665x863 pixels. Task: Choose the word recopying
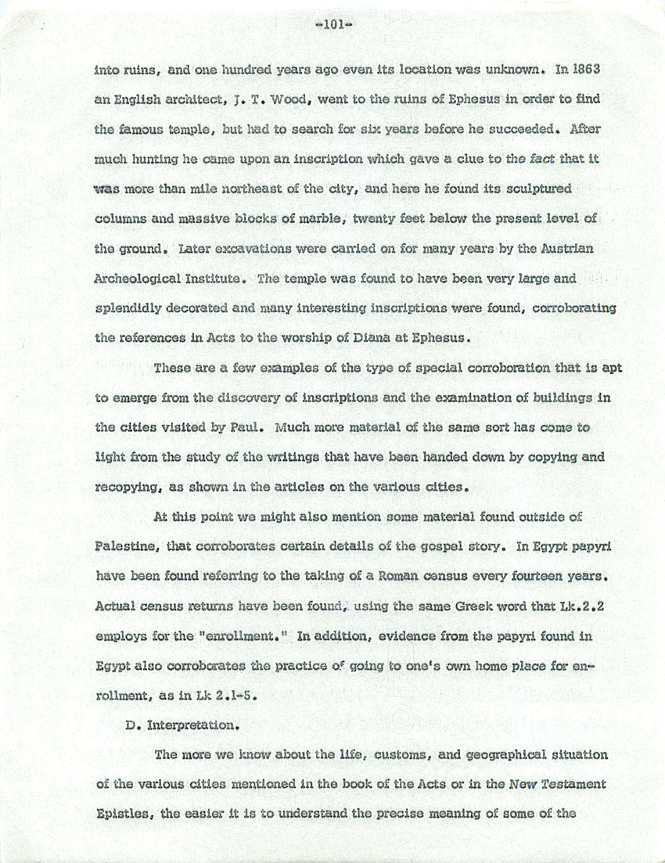(x=130, y=486)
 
